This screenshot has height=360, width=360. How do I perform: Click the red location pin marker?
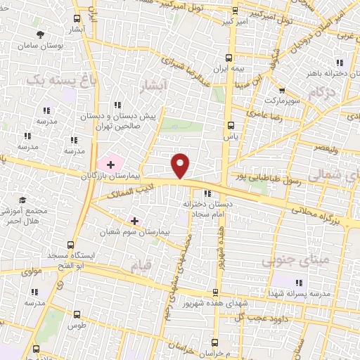pyautogui.click(x=181, y=165)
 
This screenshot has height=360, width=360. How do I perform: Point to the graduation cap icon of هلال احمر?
pyautogui.click(x=21, y=200)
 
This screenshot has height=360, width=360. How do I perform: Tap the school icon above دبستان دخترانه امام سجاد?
pyautogui.click(x=206, y=194)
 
